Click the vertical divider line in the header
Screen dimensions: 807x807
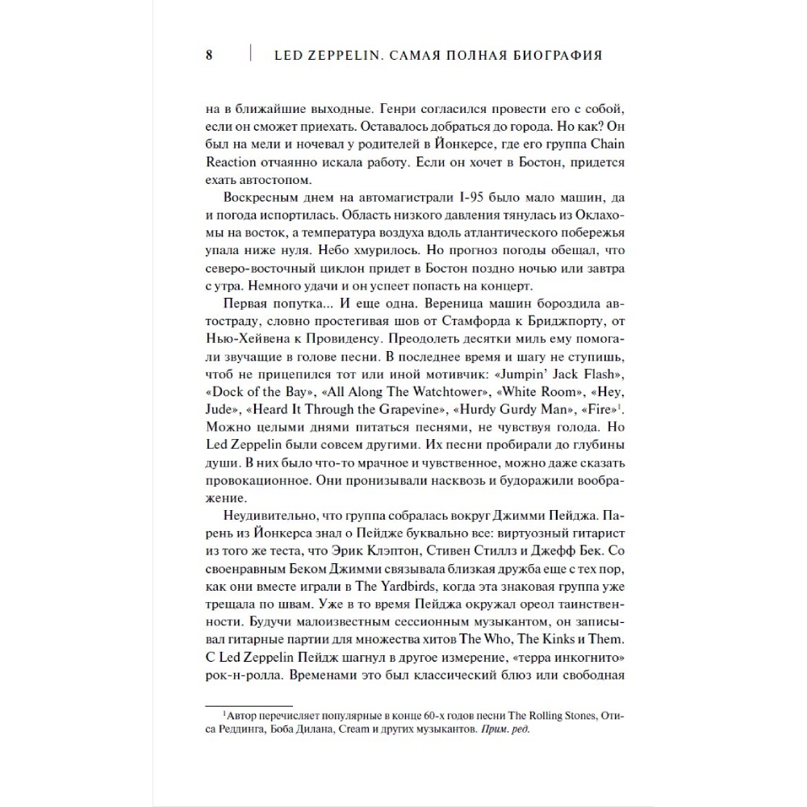pyautogui.click(x=250, y=55)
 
